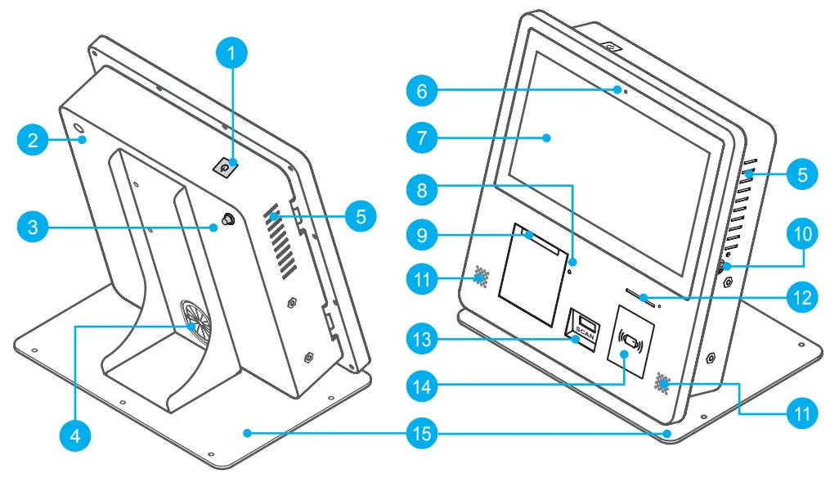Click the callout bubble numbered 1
tap(232, 54)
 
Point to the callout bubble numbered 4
tap(74, 435)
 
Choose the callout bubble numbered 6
tap(422, 91)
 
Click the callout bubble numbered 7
tap(422, 138)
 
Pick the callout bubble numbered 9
tap(422, 236)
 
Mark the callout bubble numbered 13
tap(422, 337)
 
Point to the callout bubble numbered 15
tap(422, 433)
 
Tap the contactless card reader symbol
tap(631, 337)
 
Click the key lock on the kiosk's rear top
tap(225, 167)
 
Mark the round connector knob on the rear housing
tap(226, 221)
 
